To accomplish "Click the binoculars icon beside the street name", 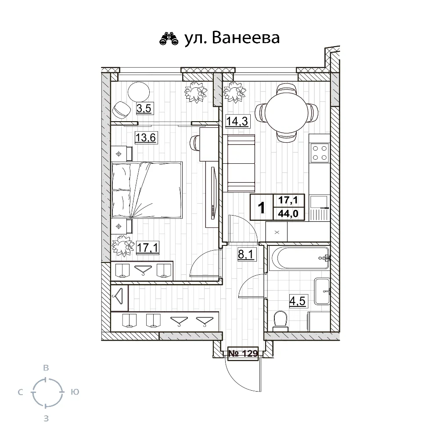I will (168, 39).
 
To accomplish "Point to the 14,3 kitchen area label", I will (237, 121).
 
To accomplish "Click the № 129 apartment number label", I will (242, 353).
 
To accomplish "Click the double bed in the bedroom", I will (147, 189).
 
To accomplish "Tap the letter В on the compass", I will (45, 368).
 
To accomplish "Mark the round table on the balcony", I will (139, 92).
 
